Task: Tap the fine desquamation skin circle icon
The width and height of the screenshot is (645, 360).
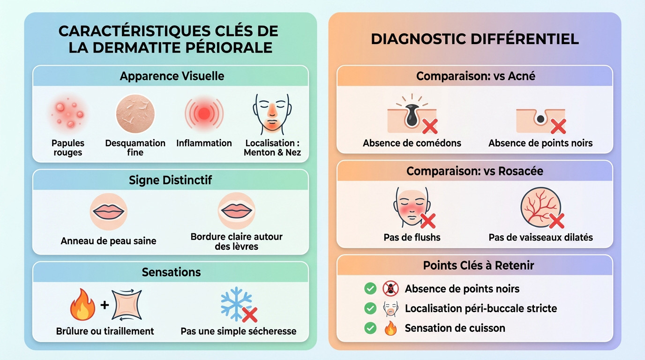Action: pos(135,114)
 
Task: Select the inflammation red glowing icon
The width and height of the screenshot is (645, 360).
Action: pos(204,114)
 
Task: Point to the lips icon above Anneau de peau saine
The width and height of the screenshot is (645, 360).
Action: pos(108,212)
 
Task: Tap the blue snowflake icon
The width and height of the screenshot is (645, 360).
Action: pos(236,304)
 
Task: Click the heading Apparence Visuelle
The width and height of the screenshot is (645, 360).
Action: pos(172,76)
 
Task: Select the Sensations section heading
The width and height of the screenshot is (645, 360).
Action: pos(171,272)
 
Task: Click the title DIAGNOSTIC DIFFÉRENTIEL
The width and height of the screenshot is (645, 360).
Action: pos(474,39)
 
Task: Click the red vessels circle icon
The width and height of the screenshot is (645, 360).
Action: pos(541,208)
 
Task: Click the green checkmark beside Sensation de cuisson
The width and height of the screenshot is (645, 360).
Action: pos(370,328)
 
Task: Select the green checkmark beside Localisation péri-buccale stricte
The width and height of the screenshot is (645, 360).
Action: pos(370,308)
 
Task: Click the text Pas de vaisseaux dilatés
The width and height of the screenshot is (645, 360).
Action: pos(540,237)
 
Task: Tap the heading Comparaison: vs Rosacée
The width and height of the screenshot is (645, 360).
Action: pos(474,171)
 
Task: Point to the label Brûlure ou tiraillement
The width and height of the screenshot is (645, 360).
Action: pos(105,331)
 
